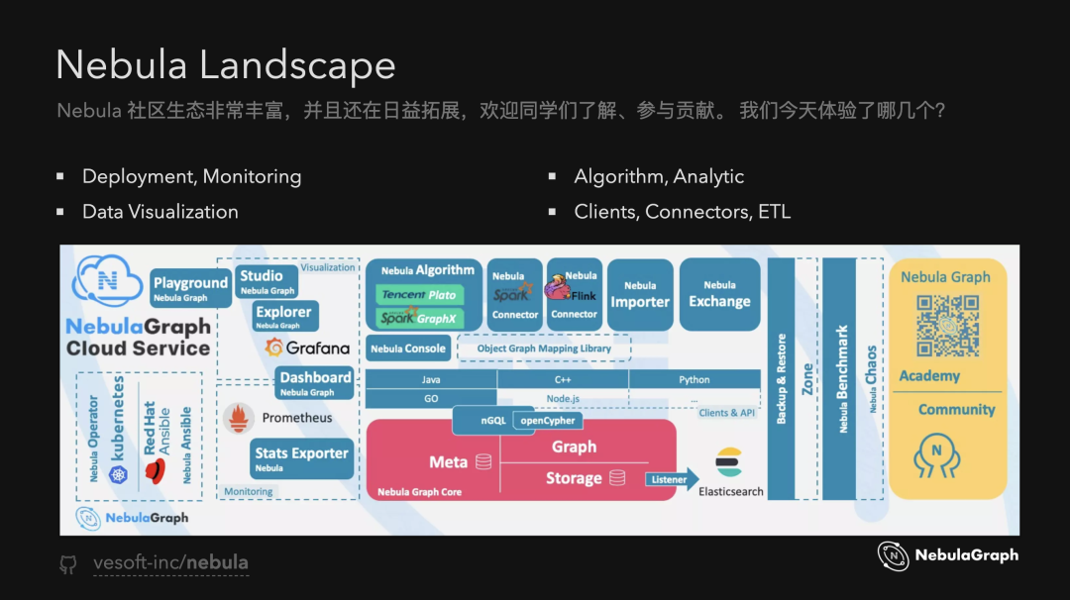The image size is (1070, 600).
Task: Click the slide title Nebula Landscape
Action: pos(226,65)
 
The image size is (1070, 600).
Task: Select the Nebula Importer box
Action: pos(640,295)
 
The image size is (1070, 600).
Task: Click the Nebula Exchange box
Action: pos(719,294)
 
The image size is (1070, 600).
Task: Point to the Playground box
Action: pos(190,288)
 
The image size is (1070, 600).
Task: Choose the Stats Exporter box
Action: pos(301,458)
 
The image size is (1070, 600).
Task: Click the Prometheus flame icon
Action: pos(239,418)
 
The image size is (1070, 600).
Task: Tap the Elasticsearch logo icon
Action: pos(729,462)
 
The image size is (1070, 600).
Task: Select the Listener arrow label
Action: pos(669,480)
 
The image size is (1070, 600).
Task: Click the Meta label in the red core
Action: pos(448,462)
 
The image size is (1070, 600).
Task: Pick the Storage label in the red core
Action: pos(574,478)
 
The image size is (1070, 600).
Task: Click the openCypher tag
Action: pos(548,421)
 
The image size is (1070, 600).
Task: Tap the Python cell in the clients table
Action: pos(694,380)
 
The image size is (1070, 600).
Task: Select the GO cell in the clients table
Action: pos(431,398)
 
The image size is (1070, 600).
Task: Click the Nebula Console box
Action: pos(408,349)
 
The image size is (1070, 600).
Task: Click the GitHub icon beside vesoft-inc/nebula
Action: pos(68,564)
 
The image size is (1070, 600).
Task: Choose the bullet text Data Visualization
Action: pos(160,212)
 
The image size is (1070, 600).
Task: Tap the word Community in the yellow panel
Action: pos(956,409)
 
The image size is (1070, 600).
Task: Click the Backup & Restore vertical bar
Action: pos(782,379)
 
